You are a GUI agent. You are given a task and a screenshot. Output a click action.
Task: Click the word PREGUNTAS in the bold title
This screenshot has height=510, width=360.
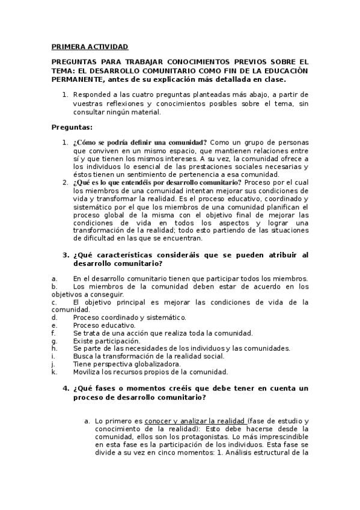click(73, 62)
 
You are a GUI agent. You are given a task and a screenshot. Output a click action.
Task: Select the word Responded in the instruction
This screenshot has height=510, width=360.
click(91, 94)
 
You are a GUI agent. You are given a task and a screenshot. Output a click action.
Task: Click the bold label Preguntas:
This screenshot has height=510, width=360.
click(72, 127)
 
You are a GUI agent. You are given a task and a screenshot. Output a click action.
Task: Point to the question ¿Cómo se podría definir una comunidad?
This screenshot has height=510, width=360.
click(140, 142)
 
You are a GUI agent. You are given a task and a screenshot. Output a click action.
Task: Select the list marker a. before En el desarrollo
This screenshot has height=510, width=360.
click(55, 278)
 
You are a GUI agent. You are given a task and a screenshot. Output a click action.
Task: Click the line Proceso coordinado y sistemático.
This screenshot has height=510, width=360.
click(129, 317)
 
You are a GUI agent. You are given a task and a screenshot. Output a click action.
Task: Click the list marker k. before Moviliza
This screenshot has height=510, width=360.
click(54, 372)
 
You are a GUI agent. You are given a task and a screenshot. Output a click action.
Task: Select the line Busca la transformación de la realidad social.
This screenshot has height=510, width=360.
click(148, 356)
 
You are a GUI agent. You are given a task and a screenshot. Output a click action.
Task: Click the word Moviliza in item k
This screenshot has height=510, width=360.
click(88, 372)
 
